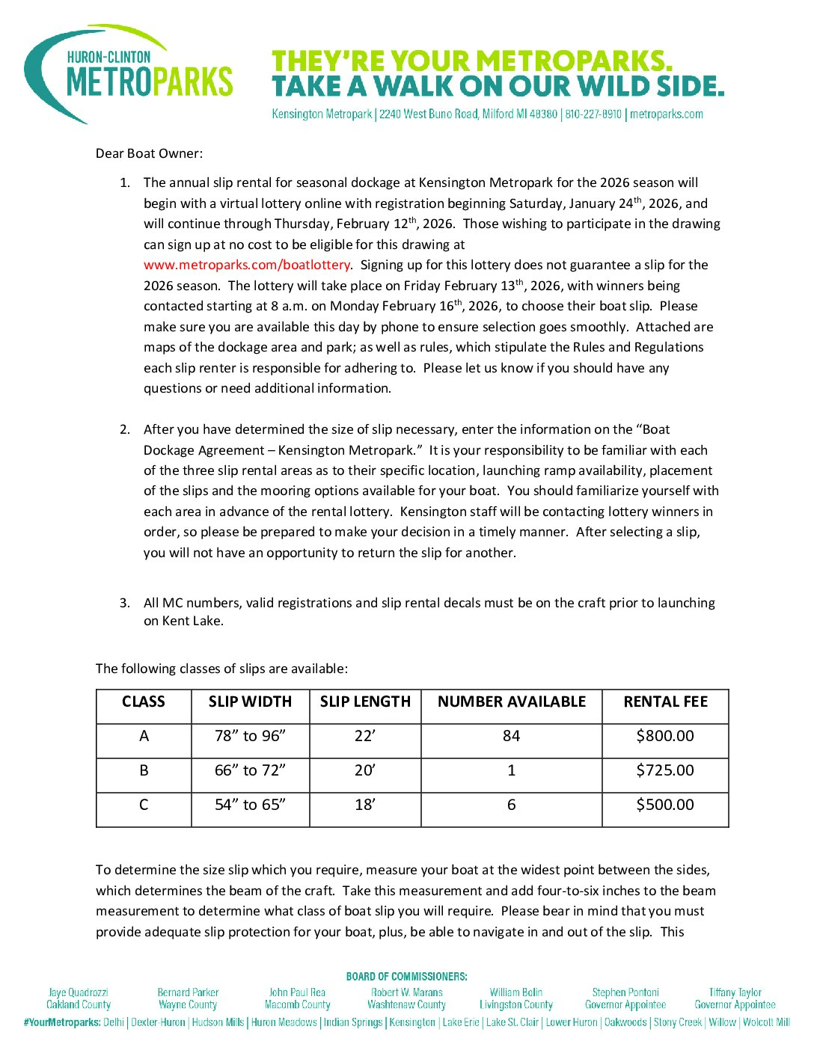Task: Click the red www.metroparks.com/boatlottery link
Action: tap(247, 265)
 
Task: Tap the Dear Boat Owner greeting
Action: tap(149, 153)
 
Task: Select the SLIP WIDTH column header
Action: tap(250, 702)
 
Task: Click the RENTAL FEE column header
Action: tap(665, 702)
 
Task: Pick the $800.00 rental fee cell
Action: tap(664, 736)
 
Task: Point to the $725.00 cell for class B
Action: tap(664, 770)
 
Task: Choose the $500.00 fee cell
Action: tap(664, 805)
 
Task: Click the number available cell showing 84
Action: tap(511, 736)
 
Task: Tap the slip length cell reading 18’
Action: tap(365, 805)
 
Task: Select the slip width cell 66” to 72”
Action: tap(250, 770)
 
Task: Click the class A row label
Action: tap(144, 736)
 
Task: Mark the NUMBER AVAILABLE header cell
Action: tap(512, 702)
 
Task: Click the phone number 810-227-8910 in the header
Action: tap(593, 114)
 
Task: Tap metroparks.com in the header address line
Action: tap(667, 114)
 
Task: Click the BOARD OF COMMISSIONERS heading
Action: tap(406, 976)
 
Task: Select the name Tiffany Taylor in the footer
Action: tap(735, 992)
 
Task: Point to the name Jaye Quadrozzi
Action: tap(79, 992)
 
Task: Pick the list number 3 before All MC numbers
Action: tap(124, 603)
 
